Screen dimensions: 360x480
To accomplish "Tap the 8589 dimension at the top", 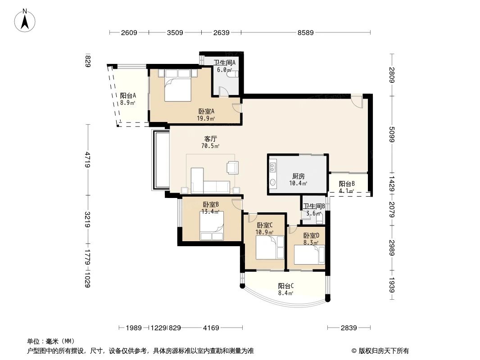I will pyautogui.click(x=305, y=32).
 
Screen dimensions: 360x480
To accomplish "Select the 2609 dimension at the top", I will pyautogui.click(x=129, y=32).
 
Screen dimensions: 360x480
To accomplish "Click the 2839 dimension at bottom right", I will pyautogui.click(x=349, y=328).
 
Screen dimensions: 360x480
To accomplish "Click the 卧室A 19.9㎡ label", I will pyautogui.click(x=206, y=115).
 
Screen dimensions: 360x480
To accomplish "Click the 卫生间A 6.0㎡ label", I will pyautogui.click(x=224, y=66).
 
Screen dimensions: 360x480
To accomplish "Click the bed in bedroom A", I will pyautogui.click(x=177, y=85).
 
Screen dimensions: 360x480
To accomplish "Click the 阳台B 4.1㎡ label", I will pyautogui.click(x=347, y=187).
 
